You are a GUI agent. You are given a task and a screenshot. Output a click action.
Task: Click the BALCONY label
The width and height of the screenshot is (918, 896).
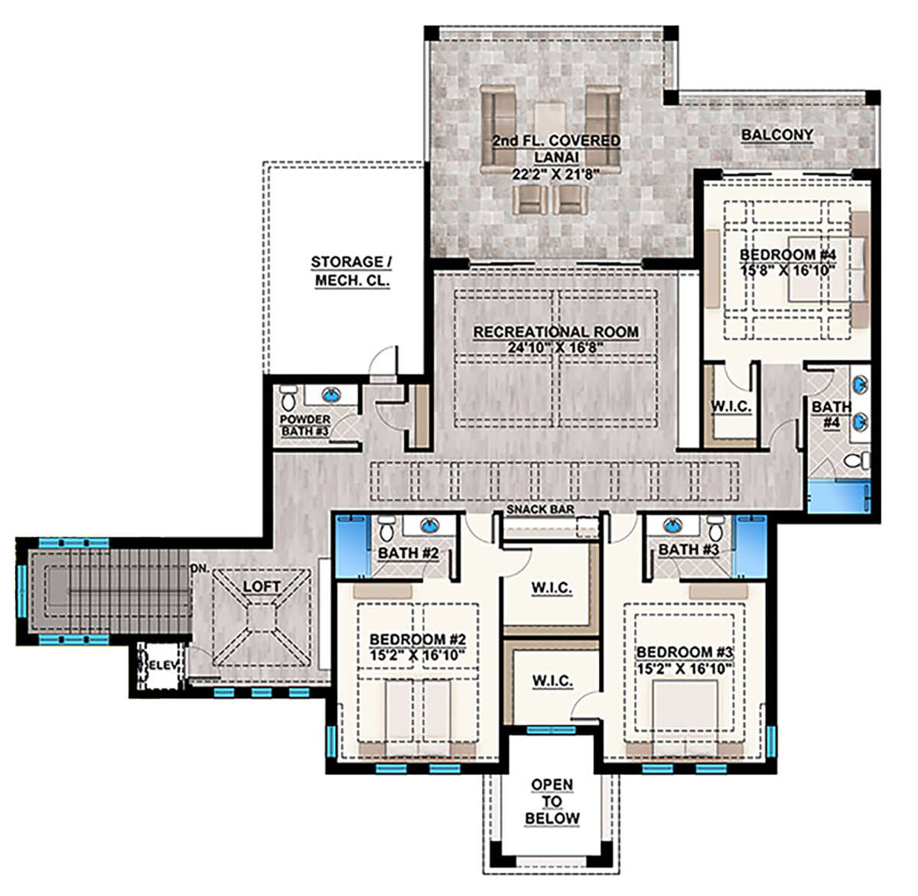(x=777, y=135)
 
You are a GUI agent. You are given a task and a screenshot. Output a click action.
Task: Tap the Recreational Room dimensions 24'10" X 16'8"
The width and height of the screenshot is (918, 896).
(x=556, y=347)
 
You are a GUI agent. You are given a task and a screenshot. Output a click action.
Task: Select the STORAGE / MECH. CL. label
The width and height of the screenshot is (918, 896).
(x=352, y=271)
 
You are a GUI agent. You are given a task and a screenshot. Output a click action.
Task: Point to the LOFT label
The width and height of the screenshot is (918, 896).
(x=262, y=586)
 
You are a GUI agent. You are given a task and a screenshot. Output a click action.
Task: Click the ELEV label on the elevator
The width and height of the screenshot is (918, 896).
(x=163, y=665)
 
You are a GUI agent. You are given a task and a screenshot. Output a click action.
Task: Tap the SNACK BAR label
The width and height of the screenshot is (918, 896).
(x=540, y=509)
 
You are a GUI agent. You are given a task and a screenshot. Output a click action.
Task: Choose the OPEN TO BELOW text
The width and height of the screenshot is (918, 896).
(x=552, y=802)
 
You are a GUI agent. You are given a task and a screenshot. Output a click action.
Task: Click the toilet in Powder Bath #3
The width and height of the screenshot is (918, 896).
(x=288, y=398)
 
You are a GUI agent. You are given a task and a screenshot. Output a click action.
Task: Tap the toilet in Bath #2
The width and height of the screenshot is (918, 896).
(x=387, y=529)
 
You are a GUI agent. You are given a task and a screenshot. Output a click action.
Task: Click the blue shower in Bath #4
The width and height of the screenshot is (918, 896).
(x=838, y=496)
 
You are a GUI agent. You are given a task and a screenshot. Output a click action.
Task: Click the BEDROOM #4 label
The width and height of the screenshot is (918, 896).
(x=787, y=255)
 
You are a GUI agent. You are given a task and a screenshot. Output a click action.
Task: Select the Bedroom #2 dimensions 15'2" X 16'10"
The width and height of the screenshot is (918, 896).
(x=418, y=656)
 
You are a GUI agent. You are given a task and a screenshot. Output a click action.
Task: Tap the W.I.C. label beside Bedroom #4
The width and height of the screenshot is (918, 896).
(x=731, y=406)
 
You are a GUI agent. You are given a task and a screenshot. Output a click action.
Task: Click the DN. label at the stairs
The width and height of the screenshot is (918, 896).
(x=200, y=569)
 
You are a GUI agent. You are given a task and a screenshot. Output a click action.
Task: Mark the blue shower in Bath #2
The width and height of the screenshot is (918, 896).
(x=353, y=546)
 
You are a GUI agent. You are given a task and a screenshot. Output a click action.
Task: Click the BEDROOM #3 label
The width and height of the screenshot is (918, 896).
(x=685, y=653)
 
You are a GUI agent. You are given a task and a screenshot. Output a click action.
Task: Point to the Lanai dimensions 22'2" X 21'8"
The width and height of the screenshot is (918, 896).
(x=555, y=174)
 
